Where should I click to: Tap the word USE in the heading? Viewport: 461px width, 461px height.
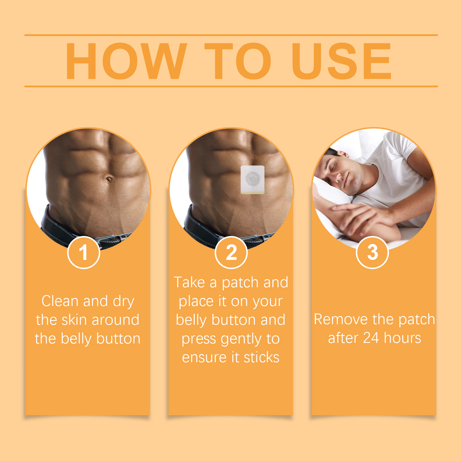point(341,61)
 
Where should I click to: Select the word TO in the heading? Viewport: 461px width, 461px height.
point(238,61)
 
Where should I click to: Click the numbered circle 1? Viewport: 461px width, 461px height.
point(84,252)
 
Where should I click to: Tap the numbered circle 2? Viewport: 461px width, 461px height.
point(231,252)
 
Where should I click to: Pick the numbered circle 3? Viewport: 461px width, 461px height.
point(373,252)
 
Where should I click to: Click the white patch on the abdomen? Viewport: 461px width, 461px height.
point(253,180)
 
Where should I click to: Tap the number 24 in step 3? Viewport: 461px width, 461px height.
point(371,338)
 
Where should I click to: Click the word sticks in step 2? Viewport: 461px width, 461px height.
point(262,357)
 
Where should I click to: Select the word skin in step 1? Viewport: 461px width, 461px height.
point(74,320)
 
